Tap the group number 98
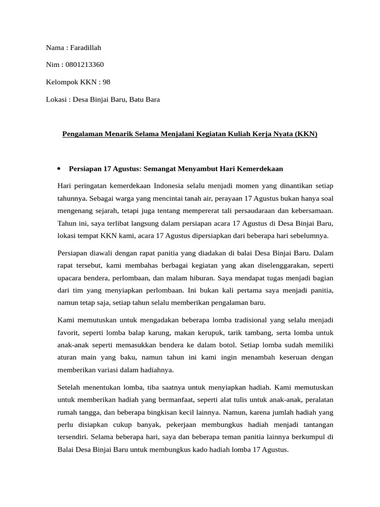tap(106, 82)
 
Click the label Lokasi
tap(56, 100)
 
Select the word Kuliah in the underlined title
tap(232, 134)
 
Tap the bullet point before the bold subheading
tap(59, 169)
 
